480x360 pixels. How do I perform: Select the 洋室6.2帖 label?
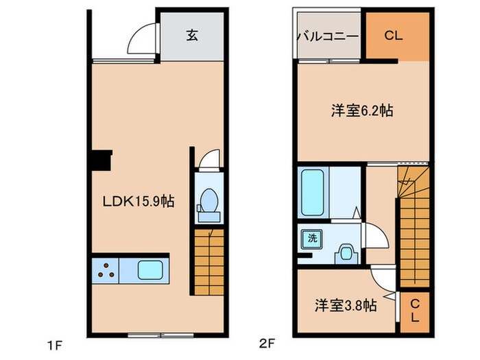pyautogui.click(x=362, y=110)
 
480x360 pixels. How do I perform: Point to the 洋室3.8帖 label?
pyautogui.click(x=346, y=306)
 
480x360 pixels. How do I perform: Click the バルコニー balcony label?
pyautogui.click(x=327, y=36)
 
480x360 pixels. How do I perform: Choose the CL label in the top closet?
pyautogui.click(x=393, y=36)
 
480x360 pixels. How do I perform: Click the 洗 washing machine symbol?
pyautogui.click(x=312, y=239)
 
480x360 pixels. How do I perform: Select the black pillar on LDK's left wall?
pyautogui.click(x=100, y=162)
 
